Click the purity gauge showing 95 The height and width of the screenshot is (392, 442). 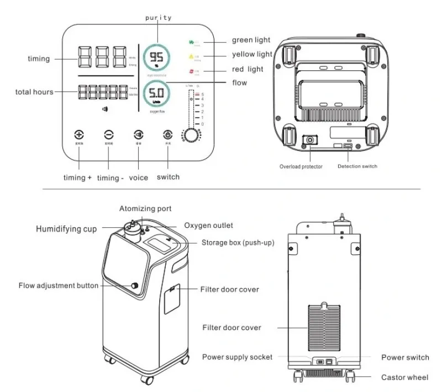pyautogui.click(x=157, y=58)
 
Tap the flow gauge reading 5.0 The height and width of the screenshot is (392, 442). pyautogui.click(x=157, y=93)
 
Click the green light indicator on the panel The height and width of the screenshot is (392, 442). pyautogui.click(x=191, y=41)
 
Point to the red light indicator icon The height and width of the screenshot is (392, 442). pyautogui.click(x=191, y=71)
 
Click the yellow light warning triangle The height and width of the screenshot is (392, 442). pyautogui.click(x=191, y=56)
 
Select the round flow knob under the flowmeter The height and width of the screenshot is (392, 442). pyautogui.click(x=192, y=136)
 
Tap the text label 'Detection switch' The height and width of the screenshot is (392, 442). pyautogui.click(x=357, y=166)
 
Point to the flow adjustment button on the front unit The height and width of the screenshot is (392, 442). pyautogui.click(x=134, y=285)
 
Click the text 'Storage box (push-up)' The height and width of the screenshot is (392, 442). pyautogui.click(x=238, y=243)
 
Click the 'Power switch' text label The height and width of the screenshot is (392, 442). pyautogui.click(x=405, y=358)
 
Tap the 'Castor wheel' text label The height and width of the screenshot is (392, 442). pyautogui.click(x=404, y=378)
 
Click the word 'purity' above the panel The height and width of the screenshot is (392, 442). pyautogui.click(x=158, y=18)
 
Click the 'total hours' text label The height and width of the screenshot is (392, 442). pyautogui.click(x=34, y=92)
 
